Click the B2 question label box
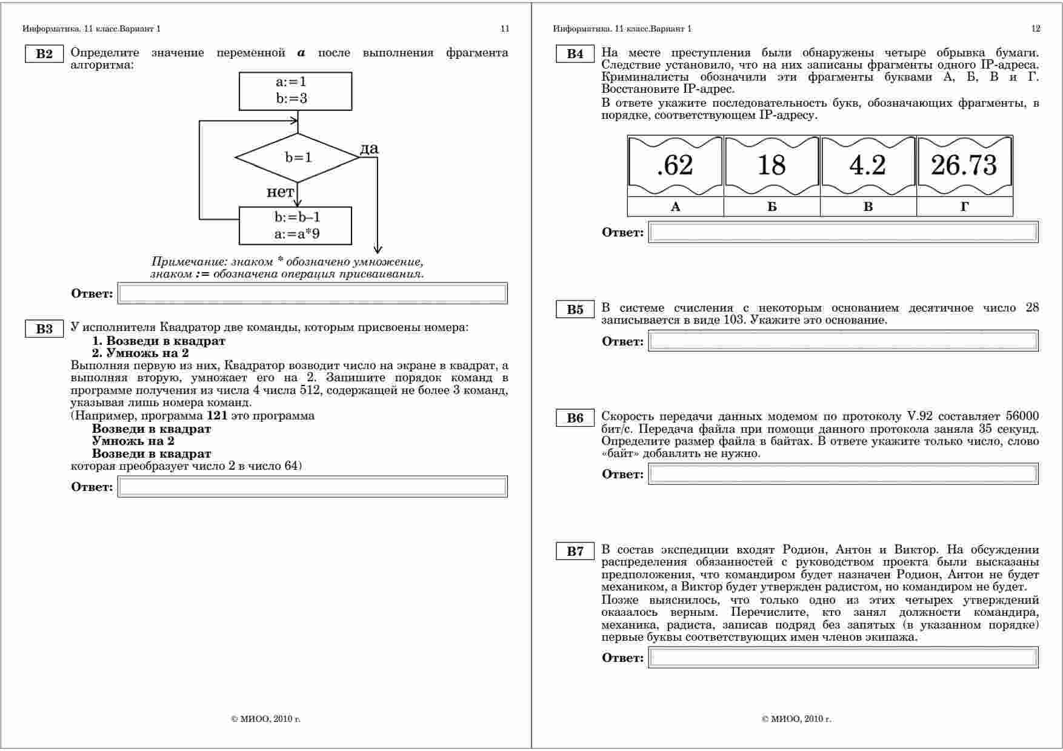44,54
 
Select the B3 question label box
44,329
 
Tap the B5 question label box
575,310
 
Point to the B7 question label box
575,552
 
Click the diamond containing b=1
297,158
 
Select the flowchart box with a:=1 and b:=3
295,91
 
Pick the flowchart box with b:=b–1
295,225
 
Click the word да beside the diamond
369,149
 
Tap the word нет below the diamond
280,192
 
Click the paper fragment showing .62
675,165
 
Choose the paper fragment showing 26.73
964,165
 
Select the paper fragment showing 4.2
868,165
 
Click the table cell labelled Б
771,207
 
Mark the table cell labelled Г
964,207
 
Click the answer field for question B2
312,293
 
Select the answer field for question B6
843,474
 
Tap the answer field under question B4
843,232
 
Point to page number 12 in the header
1035,28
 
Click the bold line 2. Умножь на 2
140,353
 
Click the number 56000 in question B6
1022,416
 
